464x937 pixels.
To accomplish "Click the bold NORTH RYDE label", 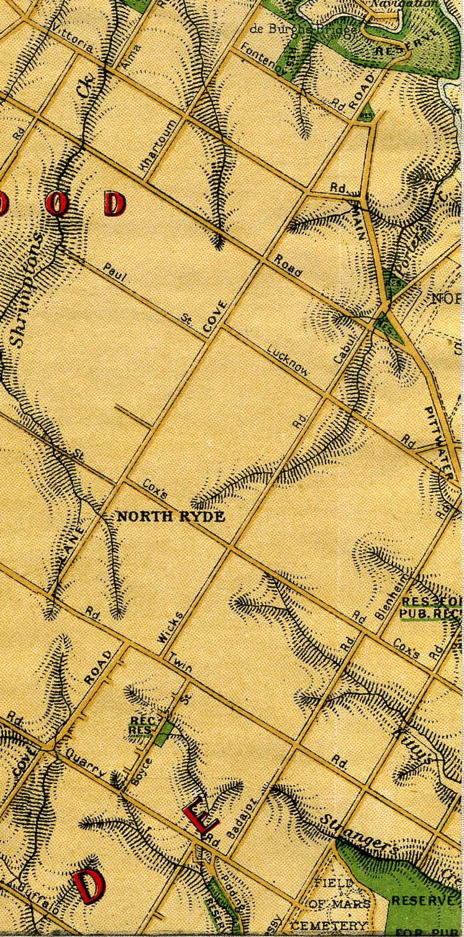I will (171, 516).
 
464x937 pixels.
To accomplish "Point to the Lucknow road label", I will (288, 360).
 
